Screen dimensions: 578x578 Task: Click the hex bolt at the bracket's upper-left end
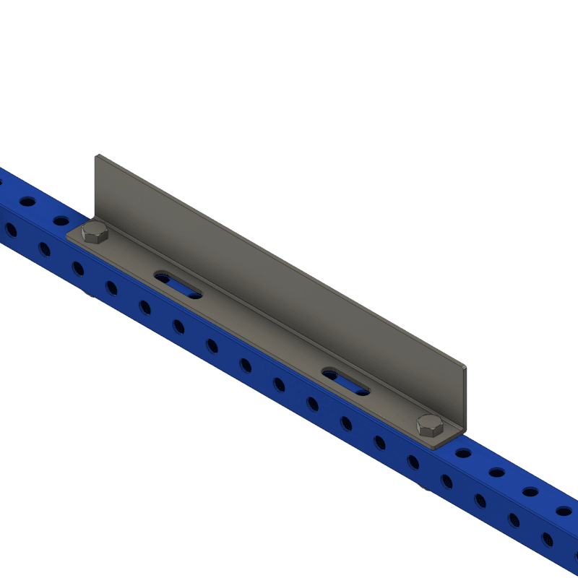click(x=95, y=233)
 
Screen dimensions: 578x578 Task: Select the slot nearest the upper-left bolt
click(x=178, y=285)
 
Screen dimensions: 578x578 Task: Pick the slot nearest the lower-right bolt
click(x=345, y=381)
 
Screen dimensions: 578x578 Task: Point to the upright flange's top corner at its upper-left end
click(x=96, y=155)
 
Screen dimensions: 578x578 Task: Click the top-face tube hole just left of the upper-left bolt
click(x=61, y=220)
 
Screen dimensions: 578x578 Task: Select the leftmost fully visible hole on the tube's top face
click(x=27, y=201)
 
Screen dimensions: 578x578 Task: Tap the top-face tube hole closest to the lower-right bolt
click(x=463, y=454)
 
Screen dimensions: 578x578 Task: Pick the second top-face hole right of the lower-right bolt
click(x=497, y=473)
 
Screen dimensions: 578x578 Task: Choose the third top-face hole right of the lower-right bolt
click(x=530, y=492)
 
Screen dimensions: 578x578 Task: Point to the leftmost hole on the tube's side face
click(x=11, y=230)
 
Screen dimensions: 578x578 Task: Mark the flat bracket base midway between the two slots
click(x=262, y=332)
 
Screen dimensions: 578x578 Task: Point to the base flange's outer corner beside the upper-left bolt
click(x=67, y=235)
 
